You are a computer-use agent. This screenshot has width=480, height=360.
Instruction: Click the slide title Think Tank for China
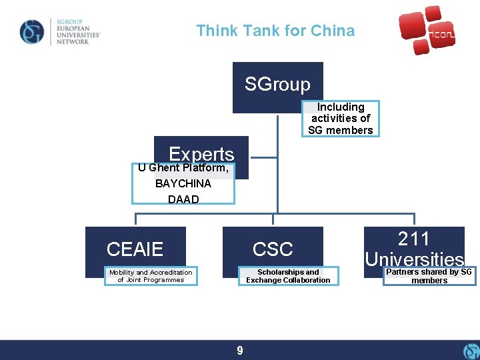pyautogui.click(x=275, y=31)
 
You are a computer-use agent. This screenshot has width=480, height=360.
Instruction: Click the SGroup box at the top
pyautogui.click(x=277, y=85)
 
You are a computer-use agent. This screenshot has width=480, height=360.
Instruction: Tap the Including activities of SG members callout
pyautogui.click(x=341, y=119)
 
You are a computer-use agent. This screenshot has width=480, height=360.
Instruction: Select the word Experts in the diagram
pyautogui.click(x=201, y=154)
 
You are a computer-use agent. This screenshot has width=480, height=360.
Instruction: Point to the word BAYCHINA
pyautogui.click(x=183, y=183)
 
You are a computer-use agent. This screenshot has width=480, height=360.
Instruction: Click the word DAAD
pyautogui.click(x=183, y=199)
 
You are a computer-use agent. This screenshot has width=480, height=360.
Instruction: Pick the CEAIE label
pyautogui.click(x=135, y=249)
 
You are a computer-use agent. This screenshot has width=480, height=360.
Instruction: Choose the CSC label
pyautogui.click(x=273, y=249)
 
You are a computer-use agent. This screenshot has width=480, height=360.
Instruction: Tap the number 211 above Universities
pyautogui.click(x=414, y=239)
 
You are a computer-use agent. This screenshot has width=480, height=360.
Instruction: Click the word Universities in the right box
pyautogui.click(x=414, y=259)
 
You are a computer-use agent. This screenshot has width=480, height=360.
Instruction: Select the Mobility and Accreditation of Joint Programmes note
pyautogui.click(x=151, y=276)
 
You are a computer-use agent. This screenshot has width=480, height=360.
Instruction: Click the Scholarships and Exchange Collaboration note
pyautogui.click(x=288, y=276)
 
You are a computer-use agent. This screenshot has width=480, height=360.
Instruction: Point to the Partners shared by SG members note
pyautogui.click(x=429, y=276)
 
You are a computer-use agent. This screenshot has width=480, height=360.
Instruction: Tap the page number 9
pyautogui.click(x=240, y=350)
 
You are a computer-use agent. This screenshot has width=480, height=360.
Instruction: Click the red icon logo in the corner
pyautogui.click(x=427, y=30)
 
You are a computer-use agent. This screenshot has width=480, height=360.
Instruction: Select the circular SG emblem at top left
pyautogui.click(x=31, y=31)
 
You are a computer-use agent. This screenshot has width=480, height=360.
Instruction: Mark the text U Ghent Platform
pyautogui.click(x=183, y=168)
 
